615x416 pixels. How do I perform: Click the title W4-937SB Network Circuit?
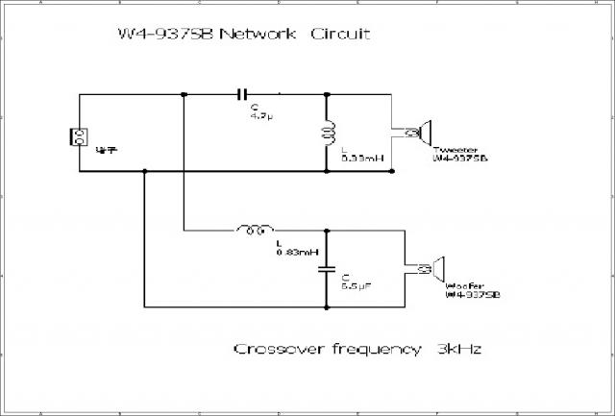(x=242, y=36)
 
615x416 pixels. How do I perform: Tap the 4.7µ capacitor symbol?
(x=242, y=94)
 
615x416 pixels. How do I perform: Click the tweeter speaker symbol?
(x=421, y=132)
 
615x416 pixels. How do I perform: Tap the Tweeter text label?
(x=454, y=150)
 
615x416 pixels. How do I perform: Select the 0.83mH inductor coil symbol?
(x=254, y=231)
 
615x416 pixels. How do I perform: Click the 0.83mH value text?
(x=291, y=252)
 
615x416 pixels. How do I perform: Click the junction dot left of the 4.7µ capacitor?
(x=183, y=94)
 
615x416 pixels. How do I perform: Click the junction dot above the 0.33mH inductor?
(x=329, y=94)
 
